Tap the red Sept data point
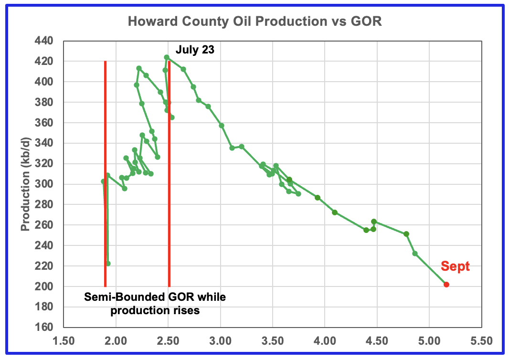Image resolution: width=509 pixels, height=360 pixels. (446, 285)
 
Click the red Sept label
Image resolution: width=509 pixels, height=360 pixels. (455, 266)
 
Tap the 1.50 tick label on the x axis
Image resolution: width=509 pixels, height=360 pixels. (64, 342)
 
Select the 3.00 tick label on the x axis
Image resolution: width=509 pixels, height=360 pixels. (220, 342)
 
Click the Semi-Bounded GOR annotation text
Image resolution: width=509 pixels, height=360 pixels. (155, 304)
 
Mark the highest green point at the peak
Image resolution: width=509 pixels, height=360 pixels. (167, 57)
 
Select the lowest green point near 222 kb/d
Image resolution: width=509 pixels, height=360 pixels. (108, 264)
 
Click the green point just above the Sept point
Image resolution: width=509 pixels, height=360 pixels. (415, 254)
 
